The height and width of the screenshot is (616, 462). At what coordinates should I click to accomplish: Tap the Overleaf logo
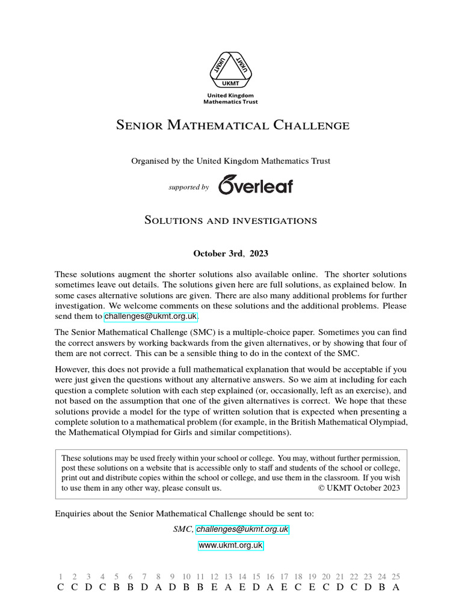[256, 185]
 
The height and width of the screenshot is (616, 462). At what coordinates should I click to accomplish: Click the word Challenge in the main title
[311, 126]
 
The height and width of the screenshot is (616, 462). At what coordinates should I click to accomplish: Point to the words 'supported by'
[189, 187]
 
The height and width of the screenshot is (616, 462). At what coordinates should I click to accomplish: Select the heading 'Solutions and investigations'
[231, 220]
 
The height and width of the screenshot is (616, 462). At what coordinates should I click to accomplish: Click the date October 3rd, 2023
[231, 253]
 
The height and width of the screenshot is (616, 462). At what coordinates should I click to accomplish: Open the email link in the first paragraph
[150, 316]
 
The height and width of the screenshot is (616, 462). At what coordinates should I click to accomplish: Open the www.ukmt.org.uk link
[231, 546]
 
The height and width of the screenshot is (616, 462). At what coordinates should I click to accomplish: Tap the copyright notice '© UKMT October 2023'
[358, 488]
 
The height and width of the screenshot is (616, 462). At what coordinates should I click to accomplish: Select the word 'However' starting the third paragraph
[72, 369]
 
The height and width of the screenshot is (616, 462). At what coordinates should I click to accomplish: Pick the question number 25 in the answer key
[395, 576]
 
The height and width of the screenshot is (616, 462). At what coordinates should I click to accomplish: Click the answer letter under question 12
[214, 587]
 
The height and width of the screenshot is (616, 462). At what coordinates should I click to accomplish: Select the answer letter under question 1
[60, 587]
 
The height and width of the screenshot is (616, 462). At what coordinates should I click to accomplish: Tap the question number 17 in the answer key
[284, 576]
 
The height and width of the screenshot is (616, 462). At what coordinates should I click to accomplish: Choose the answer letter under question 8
[158, 587]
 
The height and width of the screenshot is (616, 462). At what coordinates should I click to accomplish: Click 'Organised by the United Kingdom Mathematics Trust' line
[231, 161]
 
